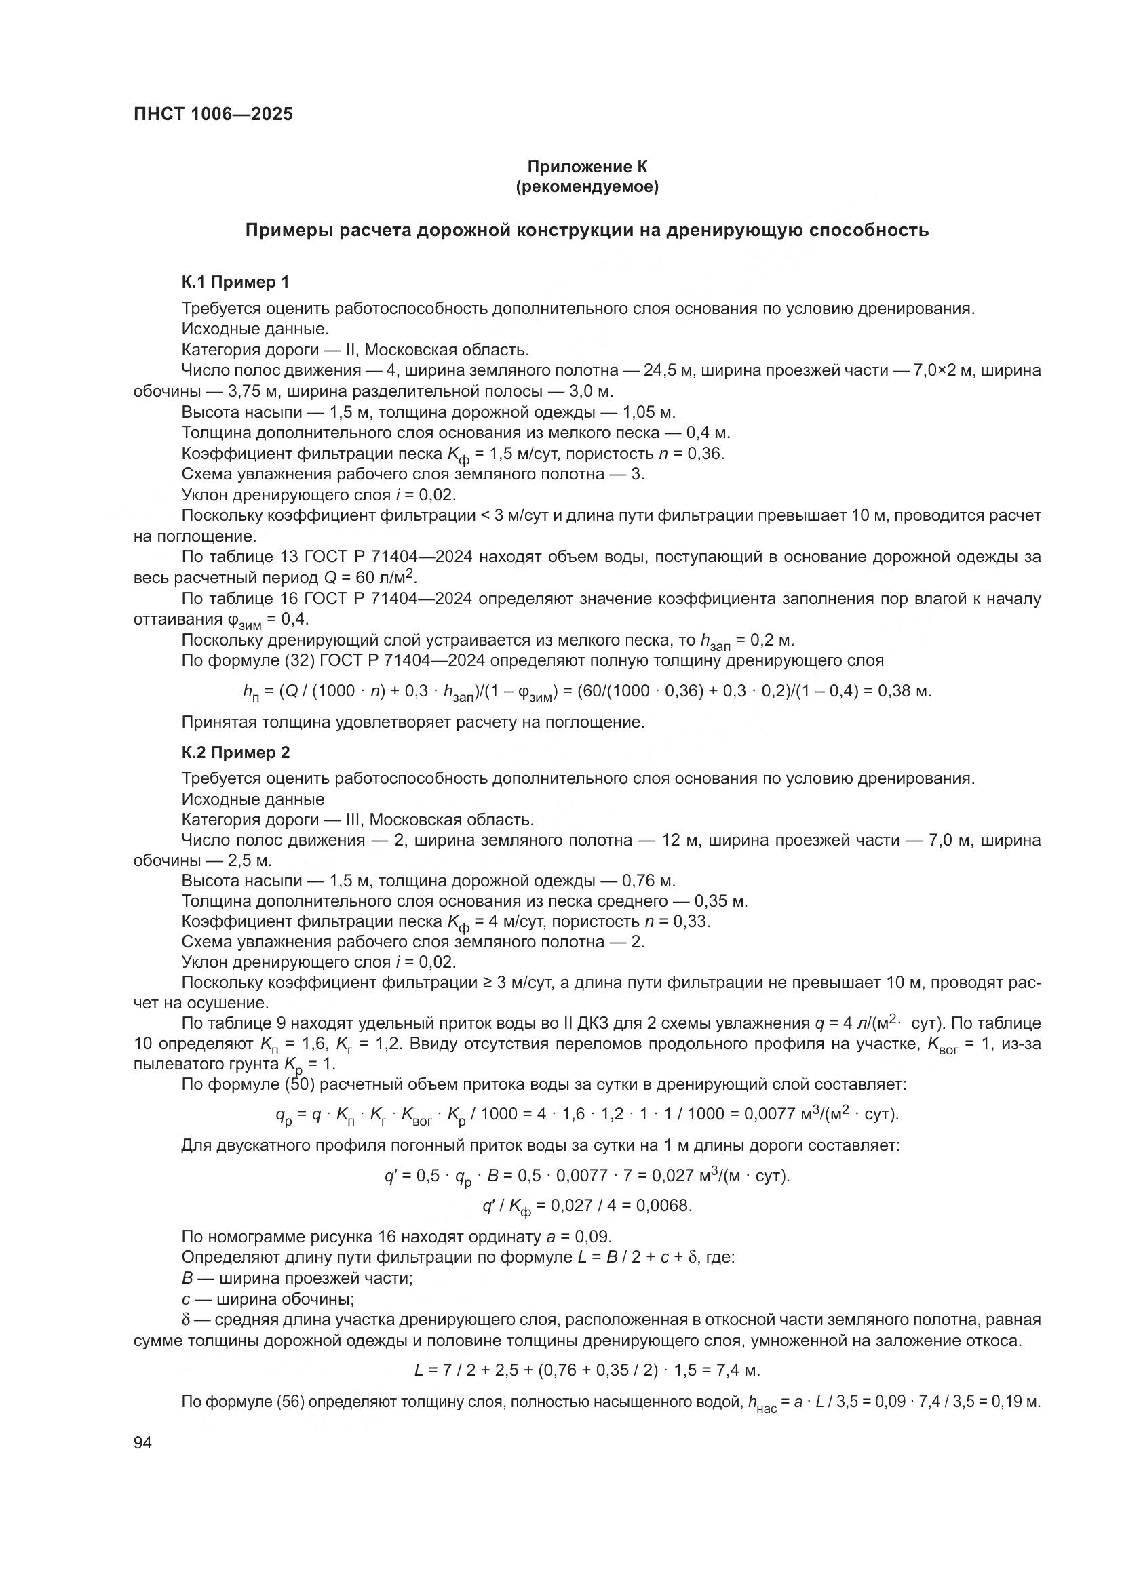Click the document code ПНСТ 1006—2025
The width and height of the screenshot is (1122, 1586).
click(213, 114)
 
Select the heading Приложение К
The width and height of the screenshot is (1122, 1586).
click(587, 167)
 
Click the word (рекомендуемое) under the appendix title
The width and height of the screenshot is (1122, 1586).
click(587, 186)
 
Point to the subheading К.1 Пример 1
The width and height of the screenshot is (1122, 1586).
click(235, 282)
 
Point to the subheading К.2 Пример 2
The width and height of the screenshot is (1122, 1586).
click(235, 752)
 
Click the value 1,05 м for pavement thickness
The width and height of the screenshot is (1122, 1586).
click(648, 412)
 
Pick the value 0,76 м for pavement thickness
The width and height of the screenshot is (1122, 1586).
click(648, 881)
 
